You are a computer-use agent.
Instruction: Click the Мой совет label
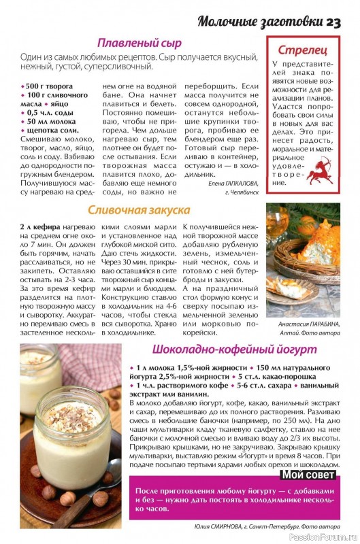point(308,475)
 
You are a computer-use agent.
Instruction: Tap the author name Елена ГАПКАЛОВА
point(231,183)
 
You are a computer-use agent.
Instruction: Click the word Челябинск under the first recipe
point(244,192)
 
